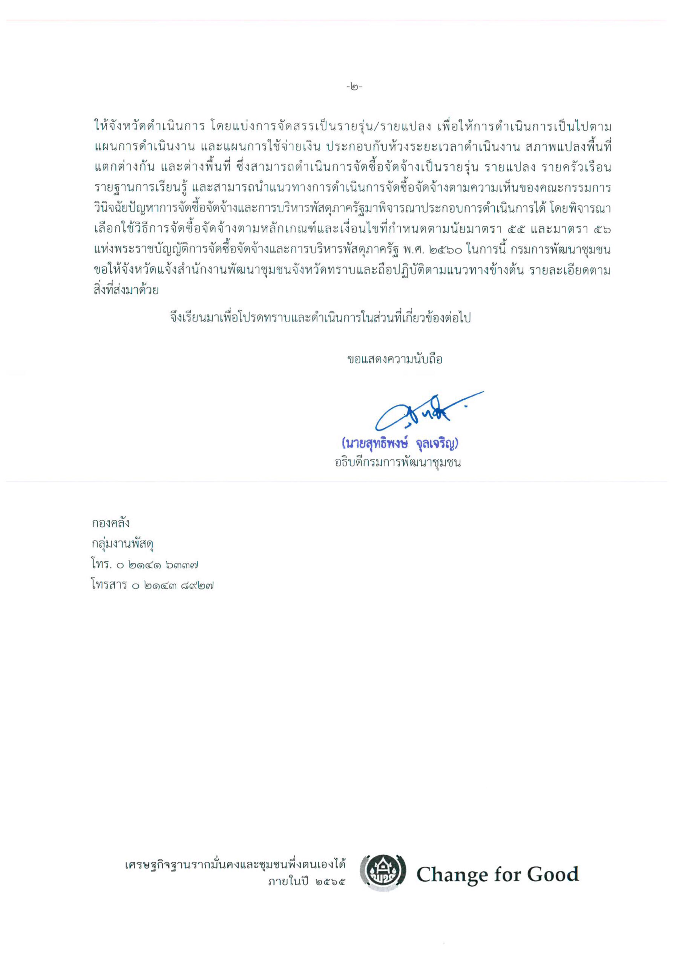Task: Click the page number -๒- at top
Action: tap(354, 87)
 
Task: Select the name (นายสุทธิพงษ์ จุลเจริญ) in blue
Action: tap(400, 443)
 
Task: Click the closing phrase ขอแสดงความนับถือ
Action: tap(394, 359)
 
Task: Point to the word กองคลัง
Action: tap(110, 523)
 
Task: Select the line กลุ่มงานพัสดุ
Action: tap(123, 544)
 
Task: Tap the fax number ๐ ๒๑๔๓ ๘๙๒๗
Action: tap(172, 585)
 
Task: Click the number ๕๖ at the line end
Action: tap(602, 230)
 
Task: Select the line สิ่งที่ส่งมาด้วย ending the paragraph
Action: tap(126, 290)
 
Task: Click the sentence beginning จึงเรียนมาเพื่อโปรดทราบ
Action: tap(320, 318)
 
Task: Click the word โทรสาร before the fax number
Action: tap(109, 585)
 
